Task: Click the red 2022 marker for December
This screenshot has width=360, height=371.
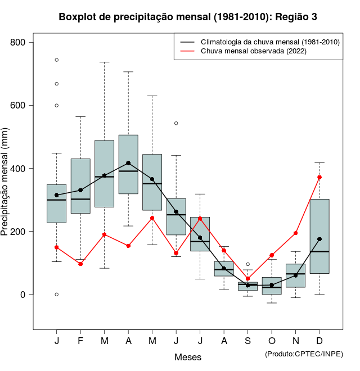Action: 319,177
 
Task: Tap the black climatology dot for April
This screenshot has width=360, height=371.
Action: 128,163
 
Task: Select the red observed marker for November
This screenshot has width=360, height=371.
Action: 296,233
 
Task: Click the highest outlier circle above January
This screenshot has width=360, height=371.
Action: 57,60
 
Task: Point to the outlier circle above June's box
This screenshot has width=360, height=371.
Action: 176,123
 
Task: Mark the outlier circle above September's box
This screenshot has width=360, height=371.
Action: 248,264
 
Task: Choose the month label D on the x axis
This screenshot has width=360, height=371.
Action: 319,341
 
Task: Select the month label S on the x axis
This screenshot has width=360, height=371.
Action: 248,341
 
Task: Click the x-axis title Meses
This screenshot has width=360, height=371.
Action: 188,357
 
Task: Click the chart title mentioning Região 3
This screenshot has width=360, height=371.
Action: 188,17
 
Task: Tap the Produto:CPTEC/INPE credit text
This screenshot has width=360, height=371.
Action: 304,354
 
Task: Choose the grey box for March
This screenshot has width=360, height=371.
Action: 105,174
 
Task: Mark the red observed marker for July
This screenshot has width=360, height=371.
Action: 200,219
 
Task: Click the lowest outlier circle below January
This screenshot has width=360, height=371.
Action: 57,295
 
